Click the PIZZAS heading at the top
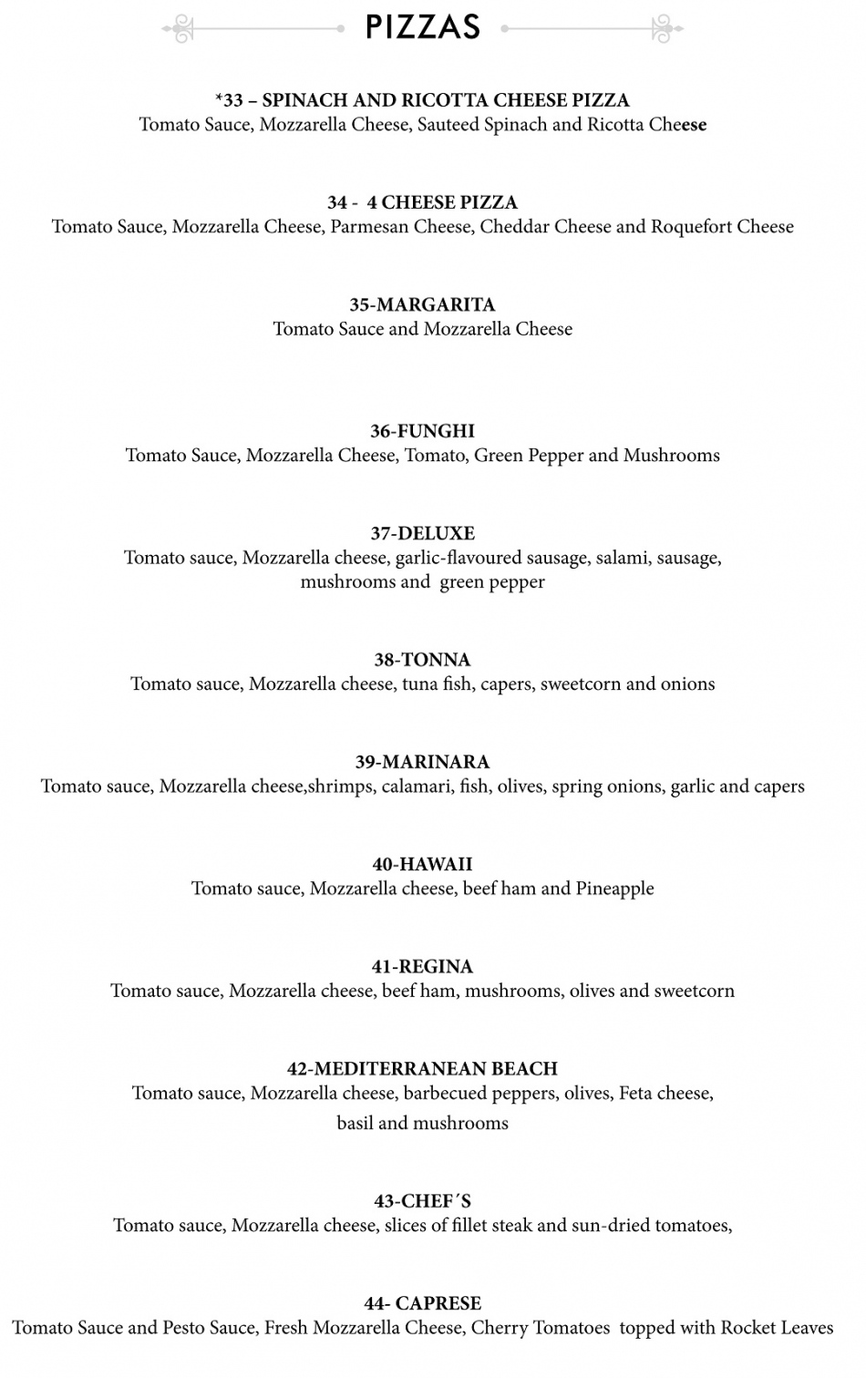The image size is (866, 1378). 422,27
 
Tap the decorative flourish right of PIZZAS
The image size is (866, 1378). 664,29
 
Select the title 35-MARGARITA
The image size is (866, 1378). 422,304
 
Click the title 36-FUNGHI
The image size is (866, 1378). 422,431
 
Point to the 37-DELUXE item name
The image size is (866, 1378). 422,533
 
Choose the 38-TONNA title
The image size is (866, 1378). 422,660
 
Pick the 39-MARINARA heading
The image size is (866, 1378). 422,762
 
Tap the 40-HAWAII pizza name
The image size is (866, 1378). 422,864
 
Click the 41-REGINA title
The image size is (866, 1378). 422,966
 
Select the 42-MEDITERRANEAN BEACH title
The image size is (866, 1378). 422,1068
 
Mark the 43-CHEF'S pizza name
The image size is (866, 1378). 422,1201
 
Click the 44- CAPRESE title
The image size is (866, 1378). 422,1303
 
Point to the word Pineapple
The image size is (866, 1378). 614,889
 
